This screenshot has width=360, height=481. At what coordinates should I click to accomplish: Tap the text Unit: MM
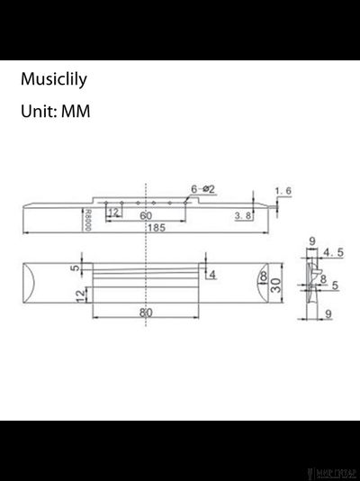(x=55, y=113)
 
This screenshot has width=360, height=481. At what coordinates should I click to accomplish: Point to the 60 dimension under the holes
(x=146, y=216)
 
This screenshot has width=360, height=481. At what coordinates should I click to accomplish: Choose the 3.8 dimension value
(x=241, y=216)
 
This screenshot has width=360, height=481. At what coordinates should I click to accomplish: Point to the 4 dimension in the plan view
(x=211, y=273)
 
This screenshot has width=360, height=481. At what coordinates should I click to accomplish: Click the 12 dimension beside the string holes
(x=114, y=213)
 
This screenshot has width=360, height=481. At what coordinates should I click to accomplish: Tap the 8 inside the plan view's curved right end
(x=262, y=279)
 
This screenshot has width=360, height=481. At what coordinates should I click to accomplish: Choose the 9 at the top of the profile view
(x=310, y=241)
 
